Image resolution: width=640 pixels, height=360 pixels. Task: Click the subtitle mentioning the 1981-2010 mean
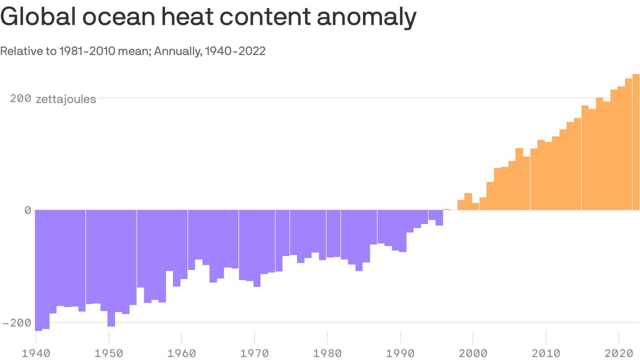133,51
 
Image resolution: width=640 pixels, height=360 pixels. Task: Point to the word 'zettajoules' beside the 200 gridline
66,99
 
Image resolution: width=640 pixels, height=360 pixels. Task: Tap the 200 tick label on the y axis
20,99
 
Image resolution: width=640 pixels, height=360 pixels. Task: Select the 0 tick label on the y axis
28,210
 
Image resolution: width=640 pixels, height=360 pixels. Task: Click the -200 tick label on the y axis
16,323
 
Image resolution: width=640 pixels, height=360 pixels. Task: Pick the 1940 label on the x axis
36,352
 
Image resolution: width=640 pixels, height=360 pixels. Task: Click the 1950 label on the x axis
108,352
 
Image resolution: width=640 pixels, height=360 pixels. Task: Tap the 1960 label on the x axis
181,352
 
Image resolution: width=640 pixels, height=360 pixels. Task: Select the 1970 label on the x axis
254,352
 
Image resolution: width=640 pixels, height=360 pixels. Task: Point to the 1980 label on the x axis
327,352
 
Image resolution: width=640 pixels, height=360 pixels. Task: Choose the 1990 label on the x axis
400,352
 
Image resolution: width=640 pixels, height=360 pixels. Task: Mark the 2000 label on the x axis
473,352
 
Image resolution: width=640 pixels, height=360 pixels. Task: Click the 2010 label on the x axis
546,352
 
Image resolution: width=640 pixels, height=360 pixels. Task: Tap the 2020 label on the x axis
619,352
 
